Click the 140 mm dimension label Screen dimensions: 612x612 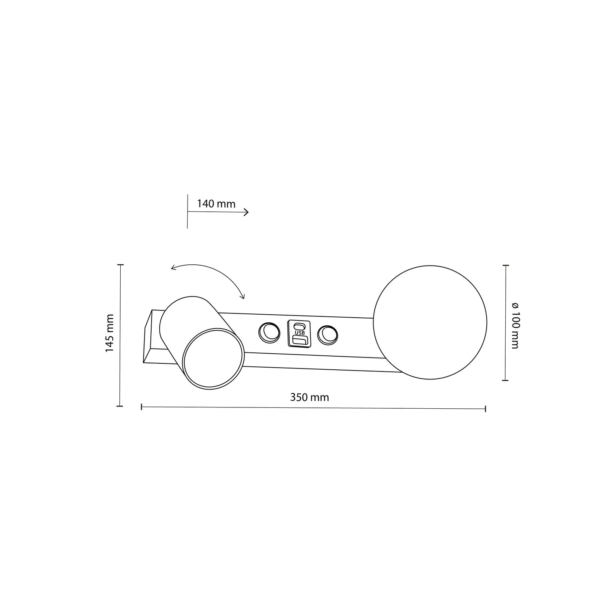click(x=216, y=204)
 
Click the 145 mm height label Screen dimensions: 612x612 click(x=110, y=333)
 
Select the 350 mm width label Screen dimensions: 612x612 click(x=309, y=397)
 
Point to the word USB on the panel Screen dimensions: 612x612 click(x=299, y=333)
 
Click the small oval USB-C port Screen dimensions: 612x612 click(x=299, y=326)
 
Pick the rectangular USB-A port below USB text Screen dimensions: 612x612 click(x=299, y=341)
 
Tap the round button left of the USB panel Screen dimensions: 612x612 click(x=269, y=332)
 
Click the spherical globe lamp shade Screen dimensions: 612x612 click(x=430, y=323)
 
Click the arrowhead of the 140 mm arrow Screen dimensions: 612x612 click(x=246, y=212)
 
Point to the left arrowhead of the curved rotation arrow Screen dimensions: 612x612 click(x=173, y=267)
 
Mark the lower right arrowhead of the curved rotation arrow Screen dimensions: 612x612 click(x=243, y=296)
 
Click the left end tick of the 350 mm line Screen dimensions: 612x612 click(x=141, y=407)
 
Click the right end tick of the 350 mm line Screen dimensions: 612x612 click(x=485, y=409)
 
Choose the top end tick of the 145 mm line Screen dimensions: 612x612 click(x=120, y=265)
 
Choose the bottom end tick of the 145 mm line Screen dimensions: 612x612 click(x=120, y=406)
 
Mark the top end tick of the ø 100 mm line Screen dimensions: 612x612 click(x=505, y=266)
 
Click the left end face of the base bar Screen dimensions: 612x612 click(x=148, y=337)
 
